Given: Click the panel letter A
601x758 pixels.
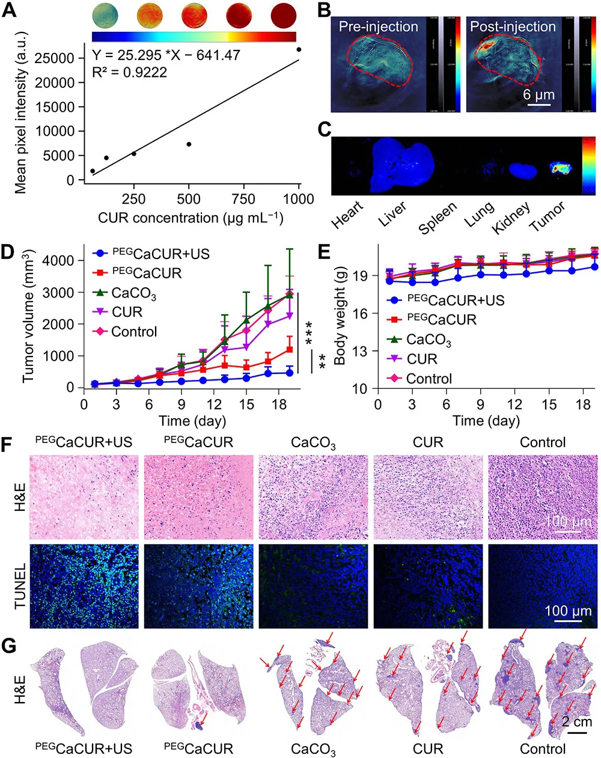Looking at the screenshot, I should point(9,12).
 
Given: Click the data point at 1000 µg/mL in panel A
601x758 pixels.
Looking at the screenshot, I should point(299,49).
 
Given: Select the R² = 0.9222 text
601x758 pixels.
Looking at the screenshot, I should point(129,72).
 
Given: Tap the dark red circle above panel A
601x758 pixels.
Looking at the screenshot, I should point(284,15).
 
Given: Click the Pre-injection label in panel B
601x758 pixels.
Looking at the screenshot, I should point(378,26).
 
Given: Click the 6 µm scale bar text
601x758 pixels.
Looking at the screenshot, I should point(538,95).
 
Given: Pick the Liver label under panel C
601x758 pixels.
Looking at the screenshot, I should point(392,214).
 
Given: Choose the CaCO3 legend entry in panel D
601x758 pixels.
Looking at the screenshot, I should point(133,293).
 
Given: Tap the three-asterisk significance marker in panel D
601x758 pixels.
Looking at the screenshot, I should point(310,334).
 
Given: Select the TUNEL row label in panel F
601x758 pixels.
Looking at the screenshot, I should point(19,585).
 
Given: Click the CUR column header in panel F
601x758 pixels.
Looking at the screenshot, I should point(428,443).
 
